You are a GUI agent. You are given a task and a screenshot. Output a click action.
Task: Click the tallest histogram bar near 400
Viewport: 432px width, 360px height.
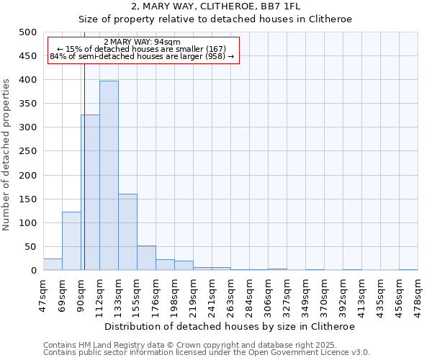click(x=109, y=176)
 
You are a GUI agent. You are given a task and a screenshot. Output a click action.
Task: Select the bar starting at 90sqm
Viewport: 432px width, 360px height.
click(x=90, y=192)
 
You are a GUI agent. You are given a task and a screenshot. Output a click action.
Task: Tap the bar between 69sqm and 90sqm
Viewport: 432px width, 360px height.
click(x=71, y=241)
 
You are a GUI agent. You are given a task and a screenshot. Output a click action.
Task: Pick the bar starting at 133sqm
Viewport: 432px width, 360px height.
click(x=127, y=232)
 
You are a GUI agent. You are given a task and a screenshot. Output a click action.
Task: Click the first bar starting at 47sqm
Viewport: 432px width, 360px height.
click(x=53, y=264)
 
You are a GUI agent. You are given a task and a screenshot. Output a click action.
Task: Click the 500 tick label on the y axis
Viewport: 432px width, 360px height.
click(x=27, y=32)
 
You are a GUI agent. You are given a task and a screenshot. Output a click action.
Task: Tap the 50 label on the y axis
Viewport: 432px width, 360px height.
click(x=30, y=247)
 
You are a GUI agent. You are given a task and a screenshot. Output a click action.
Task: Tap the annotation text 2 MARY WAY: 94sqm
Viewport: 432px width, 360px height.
click(x=142, y=42)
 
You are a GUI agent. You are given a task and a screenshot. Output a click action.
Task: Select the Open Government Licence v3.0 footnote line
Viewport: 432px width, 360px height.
click(x=207, y=352)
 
